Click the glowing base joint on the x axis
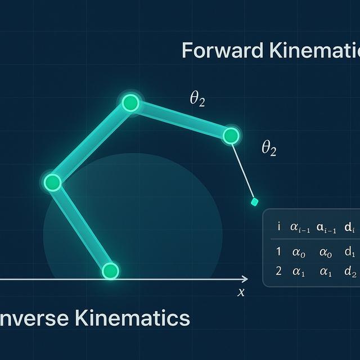click(111, 271)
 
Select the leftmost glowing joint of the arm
click(52, 182)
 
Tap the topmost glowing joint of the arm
click(130, 103)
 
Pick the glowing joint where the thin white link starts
click(231, 136)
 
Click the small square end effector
click(254, 201)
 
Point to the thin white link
click(242, 169)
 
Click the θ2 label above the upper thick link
click(197, 100)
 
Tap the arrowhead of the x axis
click(244, 279)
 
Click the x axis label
click(241, 292)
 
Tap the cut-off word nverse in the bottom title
click(33, 318)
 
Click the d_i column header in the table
click(349, 228)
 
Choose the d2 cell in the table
click(350, 271)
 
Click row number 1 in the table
click(278, 252)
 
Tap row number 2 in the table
click(278, 271)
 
